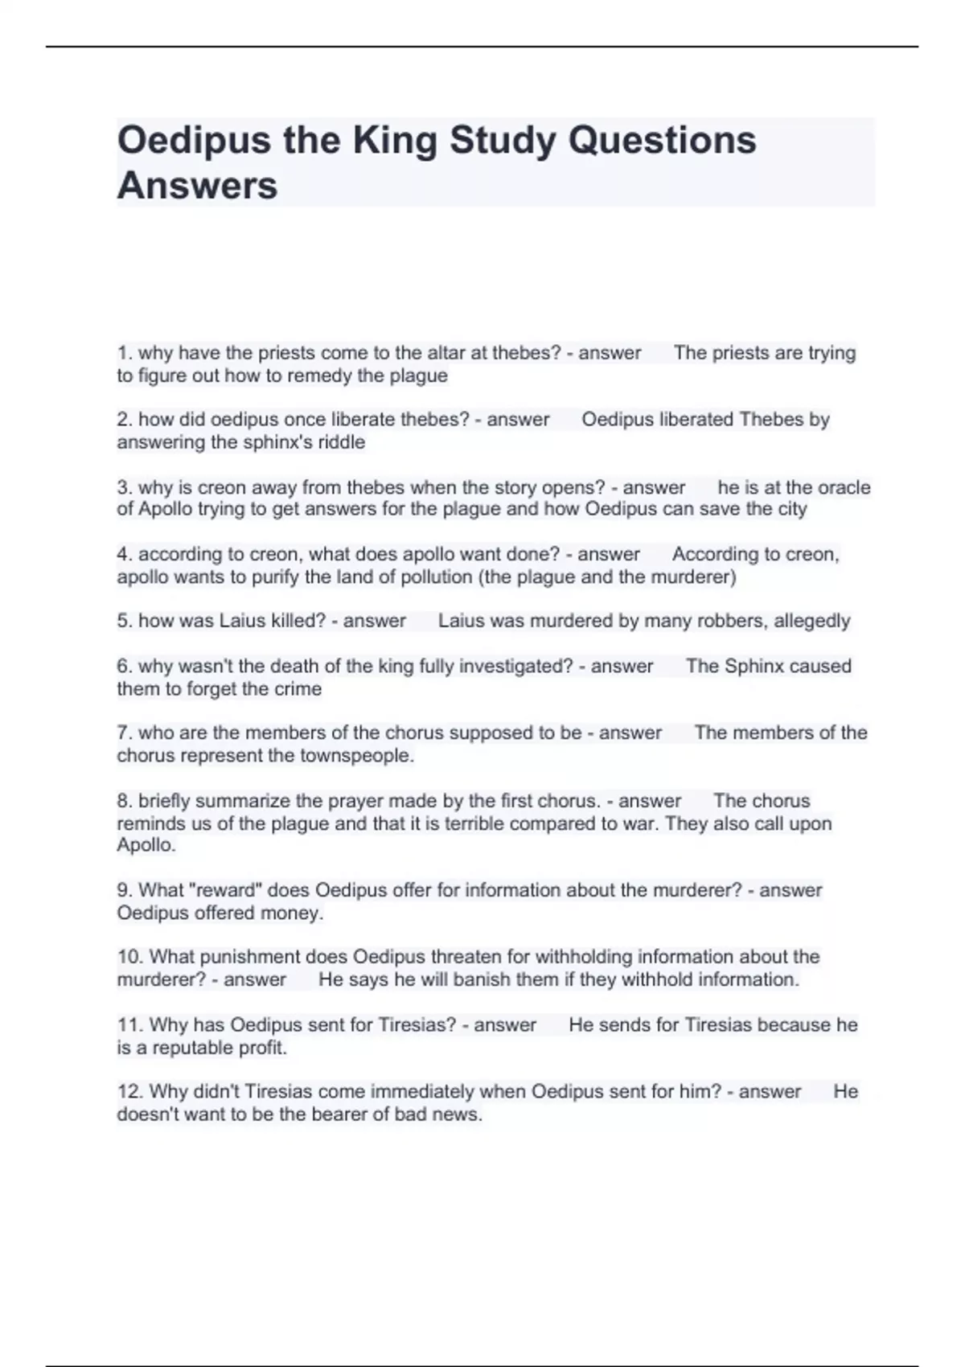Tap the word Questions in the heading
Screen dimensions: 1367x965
(x=662, y=141)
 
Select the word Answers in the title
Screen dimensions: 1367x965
(x=197, y=186)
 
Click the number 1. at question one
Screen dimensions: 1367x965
(x=125, y=353)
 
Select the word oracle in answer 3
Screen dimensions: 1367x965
(x=844, y=487)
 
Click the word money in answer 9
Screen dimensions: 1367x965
(x=291, y=913)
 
